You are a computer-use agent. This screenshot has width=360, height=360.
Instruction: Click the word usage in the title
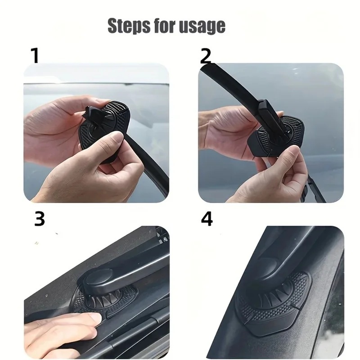tap(202, 27)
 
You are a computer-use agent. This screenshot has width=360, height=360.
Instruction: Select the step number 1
tap(35, 55)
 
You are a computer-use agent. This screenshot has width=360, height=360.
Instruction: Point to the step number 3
tap(40, 219)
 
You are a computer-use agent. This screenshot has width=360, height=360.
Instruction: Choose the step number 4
tap(207, 219)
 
